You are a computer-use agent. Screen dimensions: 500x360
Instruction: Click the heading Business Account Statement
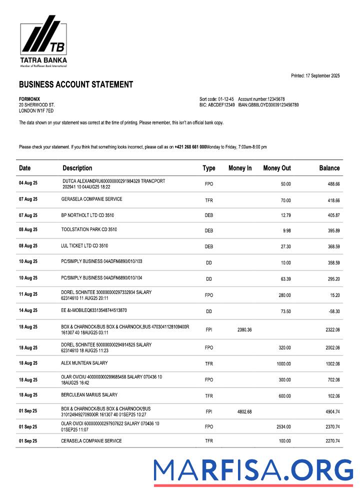[76, 84]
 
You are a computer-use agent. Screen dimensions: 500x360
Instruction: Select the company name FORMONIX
[29, 99]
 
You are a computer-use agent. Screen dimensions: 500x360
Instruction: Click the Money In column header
[240, 168]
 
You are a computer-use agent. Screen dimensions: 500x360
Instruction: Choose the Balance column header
[329, 168]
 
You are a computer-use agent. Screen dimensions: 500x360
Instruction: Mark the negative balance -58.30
[331, 311]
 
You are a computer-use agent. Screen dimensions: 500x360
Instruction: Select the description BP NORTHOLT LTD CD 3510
[89, 215]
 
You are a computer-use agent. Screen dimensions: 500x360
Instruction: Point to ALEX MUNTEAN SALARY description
[84, 363]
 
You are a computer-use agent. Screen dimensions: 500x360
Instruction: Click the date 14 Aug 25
[28, 311]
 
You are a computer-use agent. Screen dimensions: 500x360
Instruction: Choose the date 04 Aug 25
[28, 184]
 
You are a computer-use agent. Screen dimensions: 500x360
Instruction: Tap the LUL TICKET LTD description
[84, 246]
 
